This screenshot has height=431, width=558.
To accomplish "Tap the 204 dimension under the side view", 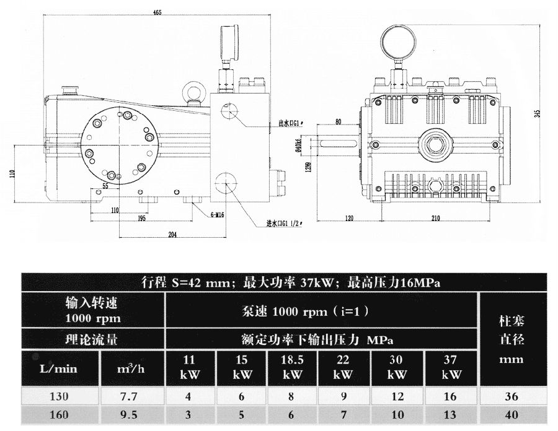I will [x=172, y=235].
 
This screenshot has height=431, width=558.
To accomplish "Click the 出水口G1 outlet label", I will [x=290, y=123].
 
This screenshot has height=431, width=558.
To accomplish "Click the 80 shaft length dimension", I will [x=339, y=121].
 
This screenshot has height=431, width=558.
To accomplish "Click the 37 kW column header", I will [x=451, y=367].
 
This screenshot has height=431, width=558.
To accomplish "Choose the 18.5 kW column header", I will [x=292, y=367].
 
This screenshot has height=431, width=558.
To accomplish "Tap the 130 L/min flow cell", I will [x=61, y=396].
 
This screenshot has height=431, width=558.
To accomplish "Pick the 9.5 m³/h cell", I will [x=133, y=416].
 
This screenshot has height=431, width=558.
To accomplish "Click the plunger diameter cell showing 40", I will [x=511, y=416].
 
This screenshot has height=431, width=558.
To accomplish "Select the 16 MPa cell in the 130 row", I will [x=451, y=396].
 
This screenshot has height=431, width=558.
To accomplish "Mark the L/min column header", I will [x=61, y=368].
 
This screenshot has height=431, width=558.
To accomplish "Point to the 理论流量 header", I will [x=92, y=339].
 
